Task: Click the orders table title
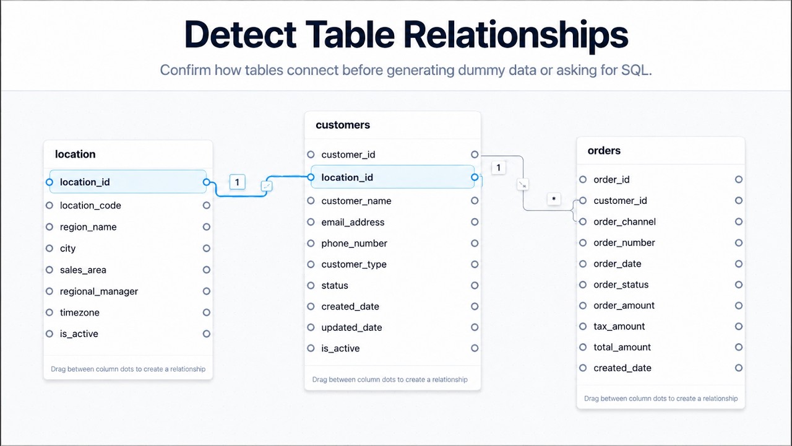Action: [604, 151]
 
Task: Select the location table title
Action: [75, 154]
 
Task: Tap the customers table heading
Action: [343, 125]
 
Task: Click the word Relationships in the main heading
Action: [516, 34]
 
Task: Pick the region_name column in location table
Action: [88, 227]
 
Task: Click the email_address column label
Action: [353, 222]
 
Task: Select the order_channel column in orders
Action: [624, 222]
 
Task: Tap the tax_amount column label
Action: [619, 326]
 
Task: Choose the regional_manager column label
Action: [98, 291]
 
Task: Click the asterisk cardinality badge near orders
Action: [554, 199]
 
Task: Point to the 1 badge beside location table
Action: [237, 182]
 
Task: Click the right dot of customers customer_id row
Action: [475, 155]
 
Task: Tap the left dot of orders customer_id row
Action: [583, 201]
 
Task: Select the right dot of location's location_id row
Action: [207, 182]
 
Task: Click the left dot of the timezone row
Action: [49, 313]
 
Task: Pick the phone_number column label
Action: [354, 243]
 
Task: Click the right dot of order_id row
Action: [739, 180]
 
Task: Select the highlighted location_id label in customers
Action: [347, 177]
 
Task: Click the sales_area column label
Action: [83, 270]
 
